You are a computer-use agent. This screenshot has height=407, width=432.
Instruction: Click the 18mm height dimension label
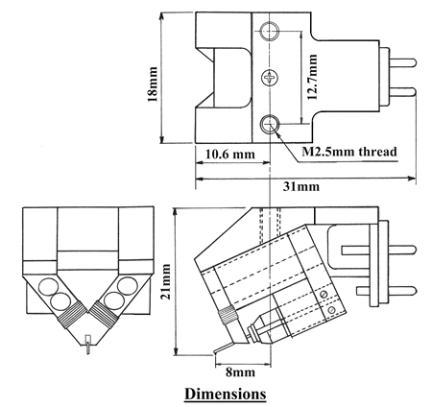pyautogui.click(x=153, y=84)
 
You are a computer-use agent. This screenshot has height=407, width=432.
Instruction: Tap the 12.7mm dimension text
pyautogui.click(x=312, y=77)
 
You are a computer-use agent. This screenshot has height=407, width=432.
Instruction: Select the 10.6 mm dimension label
pyautogui.click(x=229, y=155)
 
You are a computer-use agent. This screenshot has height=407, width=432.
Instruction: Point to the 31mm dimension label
pyautogui.click(x=300, y=186)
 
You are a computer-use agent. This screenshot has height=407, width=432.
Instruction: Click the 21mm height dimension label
pyautogui.click(x=166, y=281)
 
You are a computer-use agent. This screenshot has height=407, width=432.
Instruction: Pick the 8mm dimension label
pyautogui.click(x=240, y=372)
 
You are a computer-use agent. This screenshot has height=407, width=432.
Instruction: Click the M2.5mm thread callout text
pyautogui.click(x=349, y=152)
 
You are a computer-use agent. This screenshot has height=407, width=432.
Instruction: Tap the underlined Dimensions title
pyautogui.click(x=225, y=394)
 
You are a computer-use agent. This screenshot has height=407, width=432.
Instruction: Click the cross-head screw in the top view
pyautogui.click(x=270, y=78)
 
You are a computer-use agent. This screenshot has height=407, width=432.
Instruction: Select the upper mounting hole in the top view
pyautogui.click(x=270, y=31)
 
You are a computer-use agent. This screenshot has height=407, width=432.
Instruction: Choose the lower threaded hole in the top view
pyautogui.click(x=270, y=124)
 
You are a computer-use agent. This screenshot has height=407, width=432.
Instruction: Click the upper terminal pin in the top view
pyautogui.click(x=402, y=62)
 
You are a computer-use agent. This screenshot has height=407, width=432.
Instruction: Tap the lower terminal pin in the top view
pyautogui.click(x=402, y=92)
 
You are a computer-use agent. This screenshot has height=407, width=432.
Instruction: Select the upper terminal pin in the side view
pyautogui.click(x=379, y=251)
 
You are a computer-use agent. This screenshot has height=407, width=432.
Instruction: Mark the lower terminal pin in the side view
pyautogui.click(x=387, y=291)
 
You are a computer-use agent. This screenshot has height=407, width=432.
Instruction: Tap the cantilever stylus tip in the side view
pyautogui.click(x=215, y=353)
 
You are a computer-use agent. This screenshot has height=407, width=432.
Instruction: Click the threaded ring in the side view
pyautogui.click(x=228, y=315)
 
